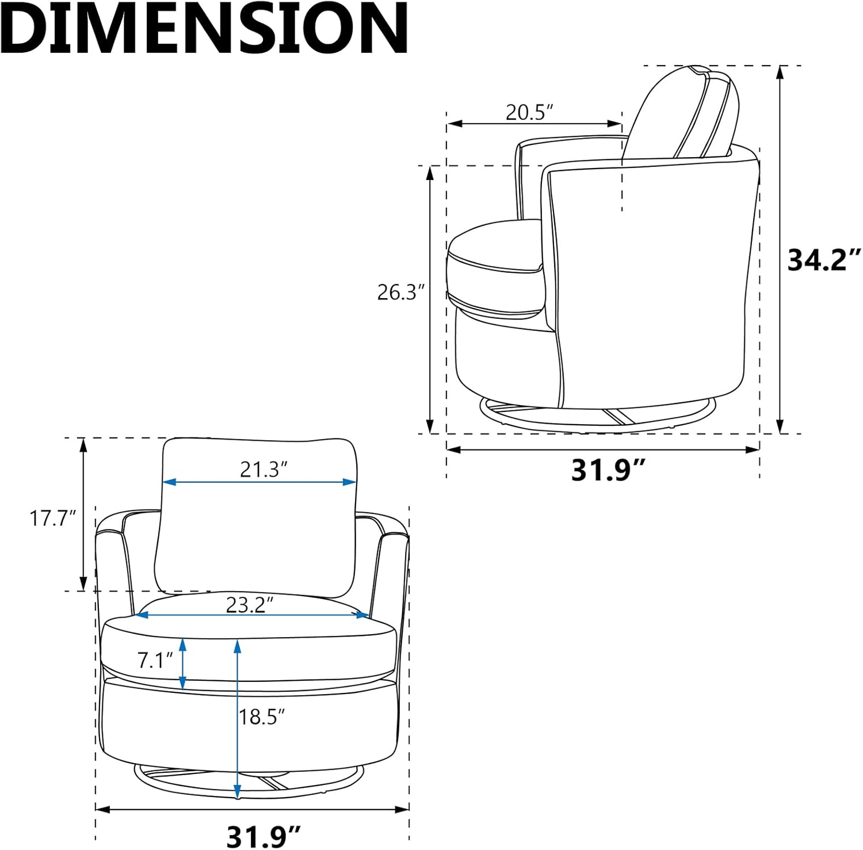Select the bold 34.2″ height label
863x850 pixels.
click(824, 260)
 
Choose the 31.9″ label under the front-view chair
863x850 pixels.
click(264, 836)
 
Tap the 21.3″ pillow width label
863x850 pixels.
click(264, 470)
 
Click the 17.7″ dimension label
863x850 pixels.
click(53, 518)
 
